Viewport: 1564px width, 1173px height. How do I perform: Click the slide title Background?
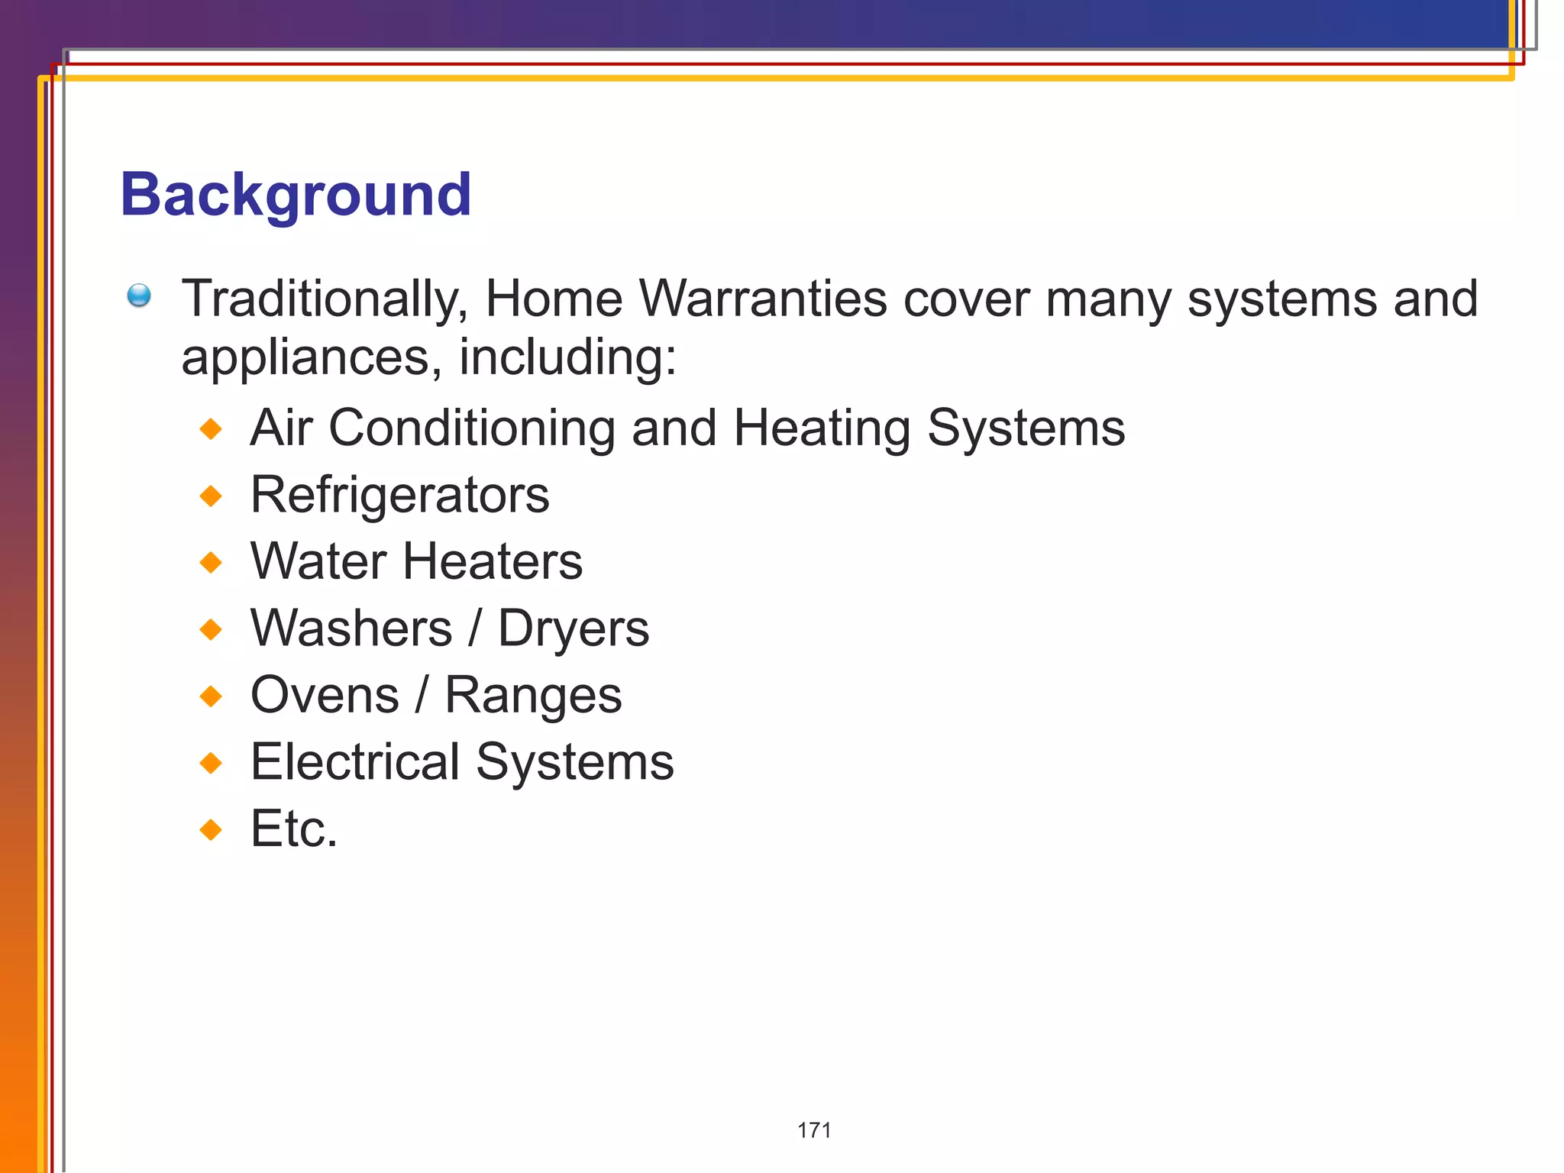pyautogui.click(x=296, y=195)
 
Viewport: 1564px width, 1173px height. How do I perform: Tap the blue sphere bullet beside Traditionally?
pyautogui.click(x=139, y=295)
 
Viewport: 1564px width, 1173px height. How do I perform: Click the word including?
pyautogui.click(x=567, y=357)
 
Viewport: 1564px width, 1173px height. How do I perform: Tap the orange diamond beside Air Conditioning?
pyautogui.click(x=211, y=428)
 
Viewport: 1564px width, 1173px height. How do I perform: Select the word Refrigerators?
pyautogui.click(x=399, y=495)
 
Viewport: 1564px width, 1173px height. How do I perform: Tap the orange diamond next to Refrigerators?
pyautogui.click(x=211, y=496)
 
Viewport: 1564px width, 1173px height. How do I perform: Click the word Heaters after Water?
pyautogui.click(x=492, y=561)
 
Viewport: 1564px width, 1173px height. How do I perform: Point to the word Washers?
pyautogui.click(x=351, y=629)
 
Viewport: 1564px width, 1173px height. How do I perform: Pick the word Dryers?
pyautogui.click(x=574, y=629)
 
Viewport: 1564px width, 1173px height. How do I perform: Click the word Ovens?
pyautogui.click(x=325, y=695)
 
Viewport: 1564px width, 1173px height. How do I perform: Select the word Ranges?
pyautogui.click(x=533, y=696)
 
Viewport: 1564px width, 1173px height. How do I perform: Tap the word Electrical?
pyautogui.click(x=355, y=762)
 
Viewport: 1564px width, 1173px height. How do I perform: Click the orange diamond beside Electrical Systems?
pyautogui.click(x=211, y=763)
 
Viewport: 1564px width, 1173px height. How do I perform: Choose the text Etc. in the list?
pyautogui.click(x=294, y=829)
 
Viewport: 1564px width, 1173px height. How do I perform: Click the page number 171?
pyautogui.click(x=814, y=1130)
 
